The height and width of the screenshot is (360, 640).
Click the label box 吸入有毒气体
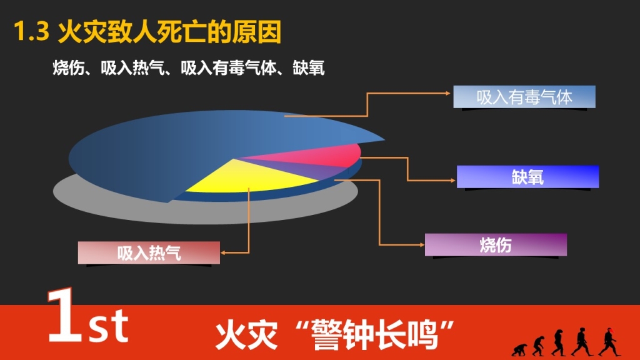tap(524, 97)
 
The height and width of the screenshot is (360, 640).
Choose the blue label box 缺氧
tap(527, 177)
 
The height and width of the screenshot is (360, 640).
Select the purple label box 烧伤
tap(496, 245)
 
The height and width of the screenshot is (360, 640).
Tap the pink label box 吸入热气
tap(149, 252)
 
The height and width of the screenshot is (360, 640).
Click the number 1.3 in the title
tap(31, 32)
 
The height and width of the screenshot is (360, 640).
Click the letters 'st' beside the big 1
tap(109, 326)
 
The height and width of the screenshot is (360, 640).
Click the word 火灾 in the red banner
tap(246, 335)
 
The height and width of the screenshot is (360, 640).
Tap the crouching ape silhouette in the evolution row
tap(519, 350)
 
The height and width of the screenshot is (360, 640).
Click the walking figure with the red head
tap(609, 342)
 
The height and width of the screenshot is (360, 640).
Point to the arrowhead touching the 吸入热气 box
tap(223, 253)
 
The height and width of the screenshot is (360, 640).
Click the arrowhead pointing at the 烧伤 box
tap(422, 245)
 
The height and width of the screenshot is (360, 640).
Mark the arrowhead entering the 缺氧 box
tap(453, 181)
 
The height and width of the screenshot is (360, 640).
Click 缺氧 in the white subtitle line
tap(309, 67)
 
